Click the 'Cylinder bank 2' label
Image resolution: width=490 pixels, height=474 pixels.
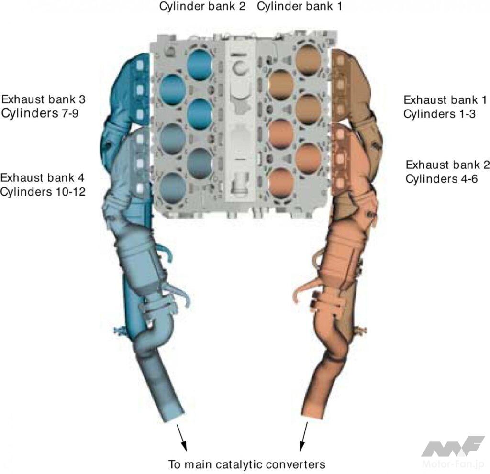coord(202,6)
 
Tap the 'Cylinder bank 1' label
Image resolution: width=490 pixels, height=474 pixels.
coord(300,6)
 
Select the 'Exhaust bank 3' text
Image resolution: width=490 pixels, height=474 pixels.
coord(43,99)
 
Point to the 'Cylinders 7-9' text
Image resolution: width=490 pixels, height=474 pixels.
coord(40,113)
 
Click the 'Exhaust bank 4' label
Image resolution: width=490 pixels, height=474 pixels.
coord(43,178)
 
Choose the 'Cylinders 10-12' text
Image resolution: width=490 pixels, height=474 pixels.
coord(43,191)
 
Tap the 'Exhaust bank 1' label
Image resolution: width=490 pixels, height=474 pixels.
coord(445,100)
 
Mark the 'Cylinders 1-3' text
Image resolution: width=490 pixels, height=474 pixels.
coord(439,114)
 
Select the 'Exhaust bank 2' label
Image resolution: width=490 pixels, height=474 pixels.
coord(447,165)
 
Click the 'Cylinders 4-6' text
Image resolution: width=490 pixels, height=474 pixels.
coord(442,179)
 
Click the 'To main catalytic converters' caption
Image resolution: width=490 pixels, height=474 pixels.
coord(247,464)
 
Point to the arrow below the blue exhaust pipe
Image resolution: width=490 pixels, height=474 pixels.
coord(182,438)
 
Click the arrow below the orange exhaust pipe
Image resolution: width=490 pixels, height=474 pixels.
coord(303,437)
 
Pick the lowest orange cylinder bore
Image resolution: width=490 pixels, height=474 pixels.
coord(281,183)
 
